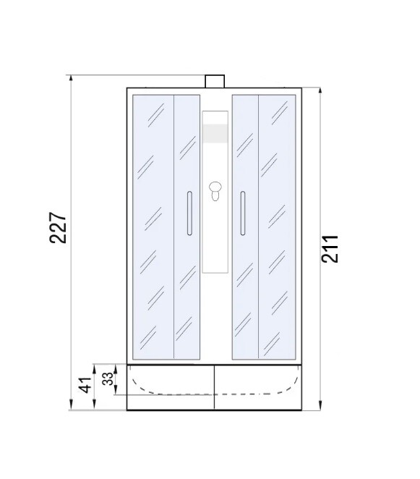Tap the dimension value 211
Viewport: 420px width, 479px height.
330,248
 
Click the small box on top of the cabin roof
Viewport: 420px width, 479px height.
215,81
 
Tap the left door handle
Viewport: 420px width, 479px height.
188,213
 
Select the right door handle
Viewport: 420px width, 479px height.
243,213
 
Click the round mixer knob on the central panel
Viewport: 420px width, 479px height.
215,191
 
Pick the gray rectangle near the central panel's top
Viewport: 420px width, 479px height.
215,133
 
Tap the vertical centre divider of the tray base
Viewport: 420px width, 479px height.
215,386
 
